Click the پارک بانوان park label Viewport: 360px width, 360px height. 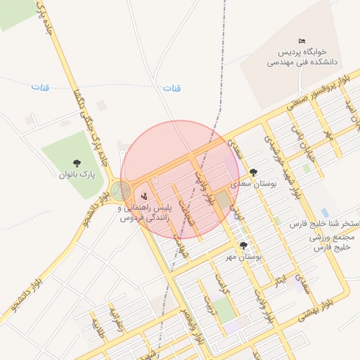(x=77, y=174)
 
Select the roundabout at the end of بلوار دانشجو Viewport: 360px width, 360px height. (x=121, y=191)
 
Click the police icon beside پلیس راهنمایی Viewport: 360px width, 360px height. (x=145, y=195)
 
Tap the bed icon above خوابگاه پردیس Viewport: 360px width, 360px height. (x=302, y=41)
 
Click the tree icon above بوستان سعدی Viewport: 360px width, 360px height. (x=253, y=172)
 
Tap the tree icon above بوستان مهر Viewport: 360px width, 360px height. (x=243, y=245)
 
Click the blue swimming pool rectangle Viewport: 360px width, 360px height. (x=324, y=212)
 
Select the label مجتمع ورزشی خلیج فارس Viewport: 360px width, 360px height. (x=332, y=243)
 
